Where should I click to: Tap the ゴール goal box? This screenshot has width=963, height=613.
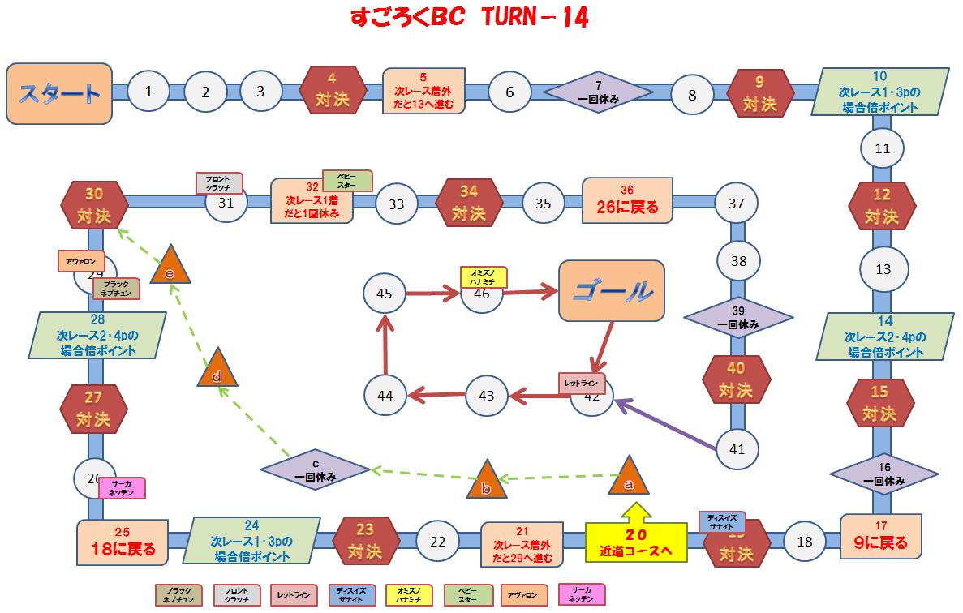click(x=612, y=289)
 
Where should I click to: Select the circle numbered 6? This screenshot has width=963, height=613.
click(x=509, y=92)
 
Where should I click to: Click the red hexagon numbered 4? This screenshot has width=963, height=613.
click(x=331, y=92)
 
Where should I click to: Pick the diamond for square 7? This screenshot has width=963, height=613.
click(x=598, y=92)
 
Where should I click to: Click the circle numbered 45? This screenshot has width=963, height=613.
click(x=385, y=294)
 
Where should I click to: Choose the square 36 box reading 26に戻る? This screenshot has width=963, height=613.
click(x=628, y=200)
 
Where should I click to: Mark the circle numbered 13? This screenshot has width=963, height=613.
click(x=883, y=269)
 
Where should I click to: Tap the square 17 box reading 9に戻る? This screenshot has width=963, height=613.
click(x=881, y=536)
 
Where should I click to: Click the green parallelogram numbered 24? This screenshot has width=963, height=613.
click(x=251, y=540)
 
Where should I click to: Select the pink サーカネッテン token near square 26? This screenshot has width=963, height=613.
click(x=121, y=488)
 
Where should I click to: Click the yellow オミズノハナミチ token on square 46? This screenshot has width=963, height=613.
click(x=484, y=276)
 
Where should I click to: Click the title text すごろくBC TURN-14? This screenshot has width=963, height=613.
click(x=469, y=18)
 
